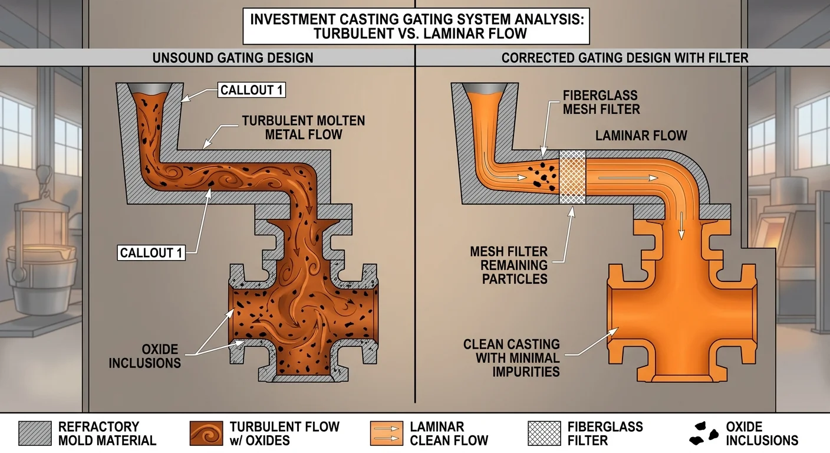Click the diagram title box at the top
coord(416,26)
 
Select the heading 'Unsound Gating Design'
coord(233,58)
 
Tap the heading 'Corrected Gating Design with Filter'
coord(625,58)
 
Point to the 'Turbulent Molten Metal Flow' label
coord(303,127)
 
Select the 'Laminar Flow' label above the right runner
coord(641,136)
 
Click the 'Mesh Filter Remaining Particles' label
coord(509,265)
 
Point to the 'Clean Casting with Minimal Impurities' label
coord(511,357)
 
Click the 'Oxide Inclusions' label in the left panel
coord(144,355)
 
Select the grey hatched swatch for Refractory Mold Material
coord(35,433)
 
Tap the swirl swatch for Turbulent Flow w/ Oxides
coord(206,433)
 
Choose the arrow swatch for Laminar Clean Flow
coord(386,433)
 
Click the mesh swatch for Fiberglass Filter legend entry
coord(544,433)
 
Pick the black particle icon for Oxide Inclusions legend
coord(703,433)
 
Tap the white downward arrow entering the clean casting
coord(681,227)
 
